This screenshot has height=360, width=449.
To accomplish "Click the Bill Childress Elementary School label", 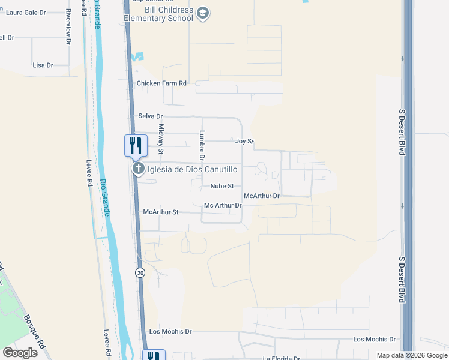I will click(x=159, y=14).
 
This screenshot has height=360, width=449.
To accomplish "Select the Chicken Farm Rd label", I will click(x=161, y=83).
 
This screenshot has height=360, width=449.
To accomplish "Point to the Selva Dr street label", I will click(x=151, y=116).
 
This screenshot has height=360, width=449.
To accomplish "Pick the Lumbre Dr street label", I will click(x=202, y=145).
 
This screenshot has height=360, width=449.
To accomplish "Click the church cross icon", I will click(x=139, y=169).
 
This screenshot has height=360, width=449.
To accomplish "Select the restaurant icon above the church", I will click(x=136, y=145).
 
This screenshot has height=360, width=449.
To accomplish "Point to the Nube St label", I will click(x=221, y=186).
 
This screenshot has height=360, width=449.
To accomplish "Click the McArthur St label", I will click(x=161, y=212).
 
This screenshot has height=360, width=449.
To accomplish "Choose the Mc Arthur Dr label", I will click(x=223, y=205).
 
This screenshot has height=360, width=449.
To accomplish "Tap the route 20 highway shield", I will click(x=140, y=272).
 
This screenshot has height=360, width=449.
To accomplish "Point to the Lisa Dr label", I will click(x=43, y=65).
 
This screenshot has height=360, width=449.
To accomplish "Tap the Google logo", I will click(x=20, y=352).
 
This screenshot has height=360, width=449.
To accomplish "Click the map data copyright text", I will click(x=411, y=355).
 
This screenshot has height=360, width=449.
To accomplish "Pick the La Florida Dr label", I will click(x=281, y=358).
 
